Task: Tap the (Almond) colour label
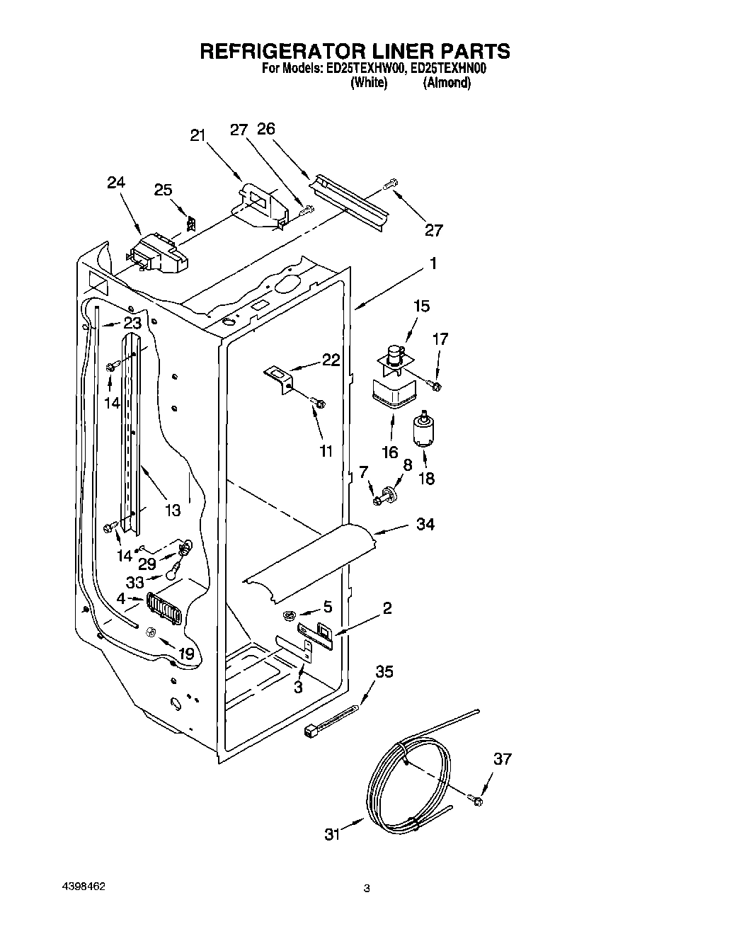pos(447,83)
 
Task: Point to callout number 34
pos(425,525)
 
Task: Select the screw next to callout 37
pos(476,799)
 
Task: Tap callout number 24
pos(116,182)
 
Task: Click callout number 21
pos(198,136)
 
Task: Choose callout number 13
pos(173,509)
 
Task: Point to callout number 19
pos(185,654)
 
